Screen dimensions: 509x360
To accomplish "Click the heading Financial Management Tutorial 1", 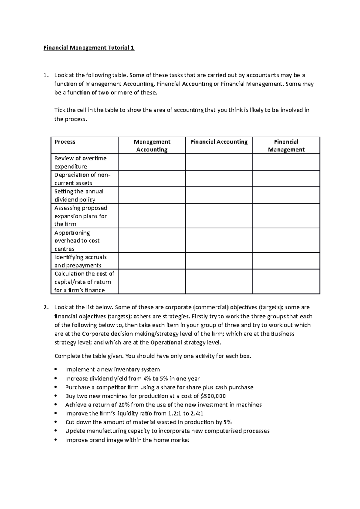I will click(x=89, y=48).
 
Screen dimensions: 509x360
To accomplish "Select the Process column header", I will click(x=65, y=142).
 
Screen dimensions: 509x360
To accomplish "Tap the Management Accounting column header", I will click(x=152, y=146).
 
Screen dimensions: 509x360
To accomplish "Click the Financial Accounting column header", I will click(x=219, y=142).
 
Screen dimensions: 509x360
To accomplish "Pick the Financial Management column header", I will click(x=286, y=146).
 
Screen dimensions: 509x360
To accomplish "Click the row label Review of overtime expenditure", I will click(x=80, y=162).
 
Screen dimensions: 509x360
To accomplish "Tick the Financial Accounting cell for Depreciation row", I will click(x=219, y=179).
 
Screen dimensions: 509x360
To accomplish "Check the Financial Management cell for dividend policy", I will click(x=286, y=195).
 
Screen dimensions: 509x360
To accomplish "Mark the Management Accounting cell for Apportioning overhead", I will click(x=152, y=240).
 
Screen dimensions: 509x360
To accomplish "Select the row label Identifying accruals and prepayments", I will click(x=80, y=261).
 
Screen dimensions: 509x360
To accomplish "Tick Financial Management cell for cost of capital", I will click(x=286, y=281).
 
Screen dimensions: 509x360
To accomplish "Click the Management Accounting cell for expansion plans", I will click(x=152, y=216).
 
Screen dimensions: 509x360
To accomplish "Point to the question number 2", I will click(x=45, y=307).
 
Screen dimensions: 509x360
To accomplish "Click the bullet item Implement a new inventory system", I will click(x=112, y=370).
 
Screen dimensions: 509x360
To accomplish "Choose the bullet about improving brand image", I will click(x=127, y=440).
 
